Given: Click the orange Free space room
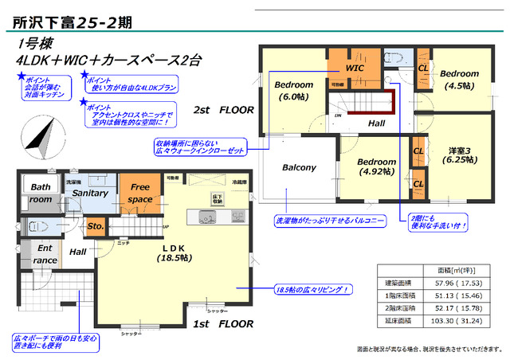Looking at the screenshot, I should [x=140, y=193].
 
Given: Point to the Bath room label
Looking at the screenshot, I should [x=40, y=194].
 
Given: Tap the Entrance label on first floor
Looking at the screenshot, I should [x=45, y=254].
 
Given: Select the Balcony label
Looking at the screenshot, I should [x=300, y=168].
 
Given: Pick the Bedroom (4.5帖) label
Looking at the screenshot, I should [x=459, y=78].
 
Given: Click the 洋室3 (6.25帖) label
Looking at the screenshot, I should [x=458, y=154].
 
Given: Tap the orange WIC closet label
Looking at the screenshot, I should [x=355, y=69].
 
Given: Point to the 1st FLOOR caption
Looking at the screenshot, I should [x=223, y=324].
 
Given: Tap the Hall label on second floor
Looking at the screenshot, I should [x=376, y=123].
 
